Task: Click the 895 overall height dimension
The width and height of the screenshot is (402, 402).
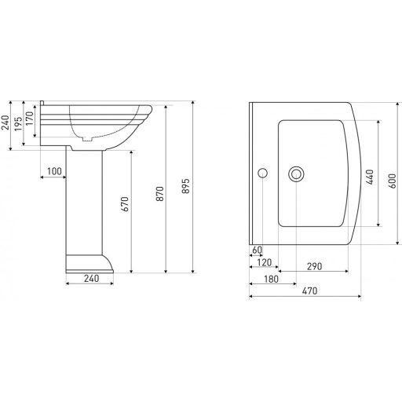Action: click(185, 186)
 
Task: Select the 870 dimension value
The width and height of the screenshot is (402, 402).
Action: click(159, 194)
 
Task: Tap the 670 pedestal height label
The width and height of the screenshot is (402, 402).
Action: click(125, 204)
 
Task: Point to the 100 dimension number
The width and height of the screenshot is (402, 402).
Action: click(54, 171)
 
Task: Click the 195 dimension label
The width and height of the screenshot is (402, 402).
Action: click(18, 124)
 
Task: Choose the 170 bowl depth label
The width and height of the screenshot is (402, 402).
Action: click(30, 119)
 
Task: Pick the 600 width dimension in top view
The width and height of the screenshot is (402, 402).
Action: click(392, 181)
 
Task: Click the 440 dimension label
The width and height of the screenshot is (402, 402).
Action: click(370, 177)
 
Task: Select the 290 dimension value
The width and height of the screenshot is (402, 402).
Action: click(314, 266)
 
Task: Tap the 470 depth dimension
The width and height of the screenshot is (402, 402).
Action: click(309, 291)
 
